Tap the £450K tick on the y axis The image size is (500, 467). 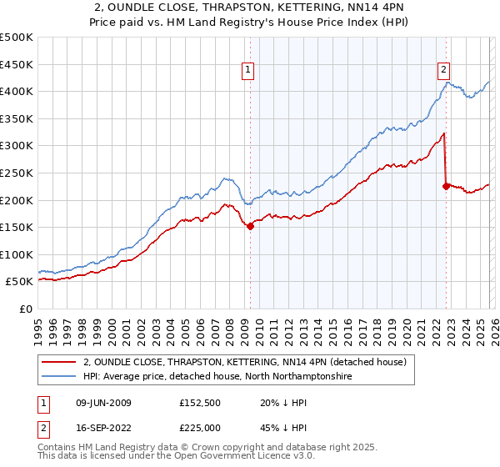[17, 64]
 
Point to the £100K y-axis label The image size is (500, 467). [17, 254]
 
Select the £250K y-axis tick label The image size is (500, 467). [17, 173]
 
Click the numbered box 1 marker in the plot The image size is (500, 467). [249, 71]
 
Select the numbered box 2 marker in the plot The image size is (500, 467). [444, 71]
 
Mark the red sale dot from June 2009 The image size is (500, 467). [250, 225]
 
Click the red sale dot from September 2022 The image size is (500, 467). [446, 186]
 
